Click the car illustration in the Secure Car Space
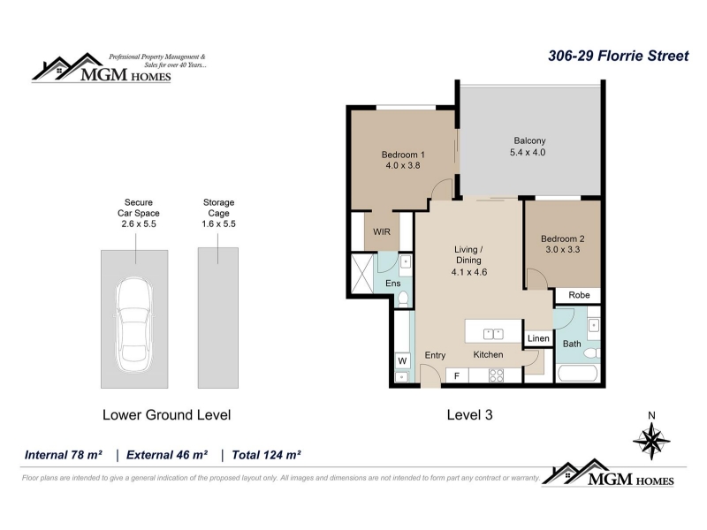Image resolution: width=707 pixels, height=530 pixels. [x=134, y=324]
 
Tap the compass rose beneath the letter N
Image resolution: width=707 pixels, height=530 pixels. [x=651, y=440]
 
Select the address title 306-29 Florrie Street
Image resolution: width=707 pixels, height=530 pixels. [x=618, y=56]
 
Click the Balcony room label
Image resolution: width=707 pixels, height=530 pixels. [x=529, y=140]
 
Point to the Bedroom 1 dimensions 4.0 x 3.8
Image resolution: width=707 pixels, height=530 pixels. [x=403, y=165]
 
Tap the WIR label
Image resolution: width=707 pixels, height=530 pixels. [x=382, y=231]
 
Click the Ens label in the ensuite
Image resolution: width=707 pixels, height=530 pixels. [x=392, y=283]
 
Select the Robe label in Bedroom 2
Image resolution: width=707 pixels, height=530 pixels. [x=579, y=295]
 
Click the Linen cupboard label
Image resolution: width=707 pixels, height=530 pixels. [x=538, y=338]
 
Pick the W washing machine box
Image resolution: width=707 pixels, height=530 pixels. [x=402, y=360]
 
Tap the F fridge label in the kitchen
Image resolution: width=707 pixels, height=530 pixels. [x=457, y=375]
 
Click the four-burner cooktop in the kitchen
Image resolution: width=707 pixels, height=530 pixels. [x=496, y=375]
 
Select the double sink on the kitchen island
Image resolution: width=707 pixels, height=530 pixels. [x=493, y=334]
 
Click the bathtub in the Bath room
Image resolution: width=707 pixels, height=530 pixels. [x=578, y=373]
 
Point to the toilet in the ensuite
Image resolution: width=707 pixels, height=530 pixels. [x=403, y=299]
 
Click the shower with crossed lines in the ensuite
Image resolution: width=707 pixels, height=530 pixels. [x=362, y=273]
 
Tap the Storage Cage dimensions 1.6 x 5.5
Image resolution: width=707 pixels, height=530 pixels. [x=218, y=223]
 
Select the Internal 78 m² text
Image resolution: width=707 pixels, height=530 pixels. [x=63, y=455]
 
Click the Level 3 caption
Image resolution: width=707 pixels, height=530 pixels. [x=469, y=414]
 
